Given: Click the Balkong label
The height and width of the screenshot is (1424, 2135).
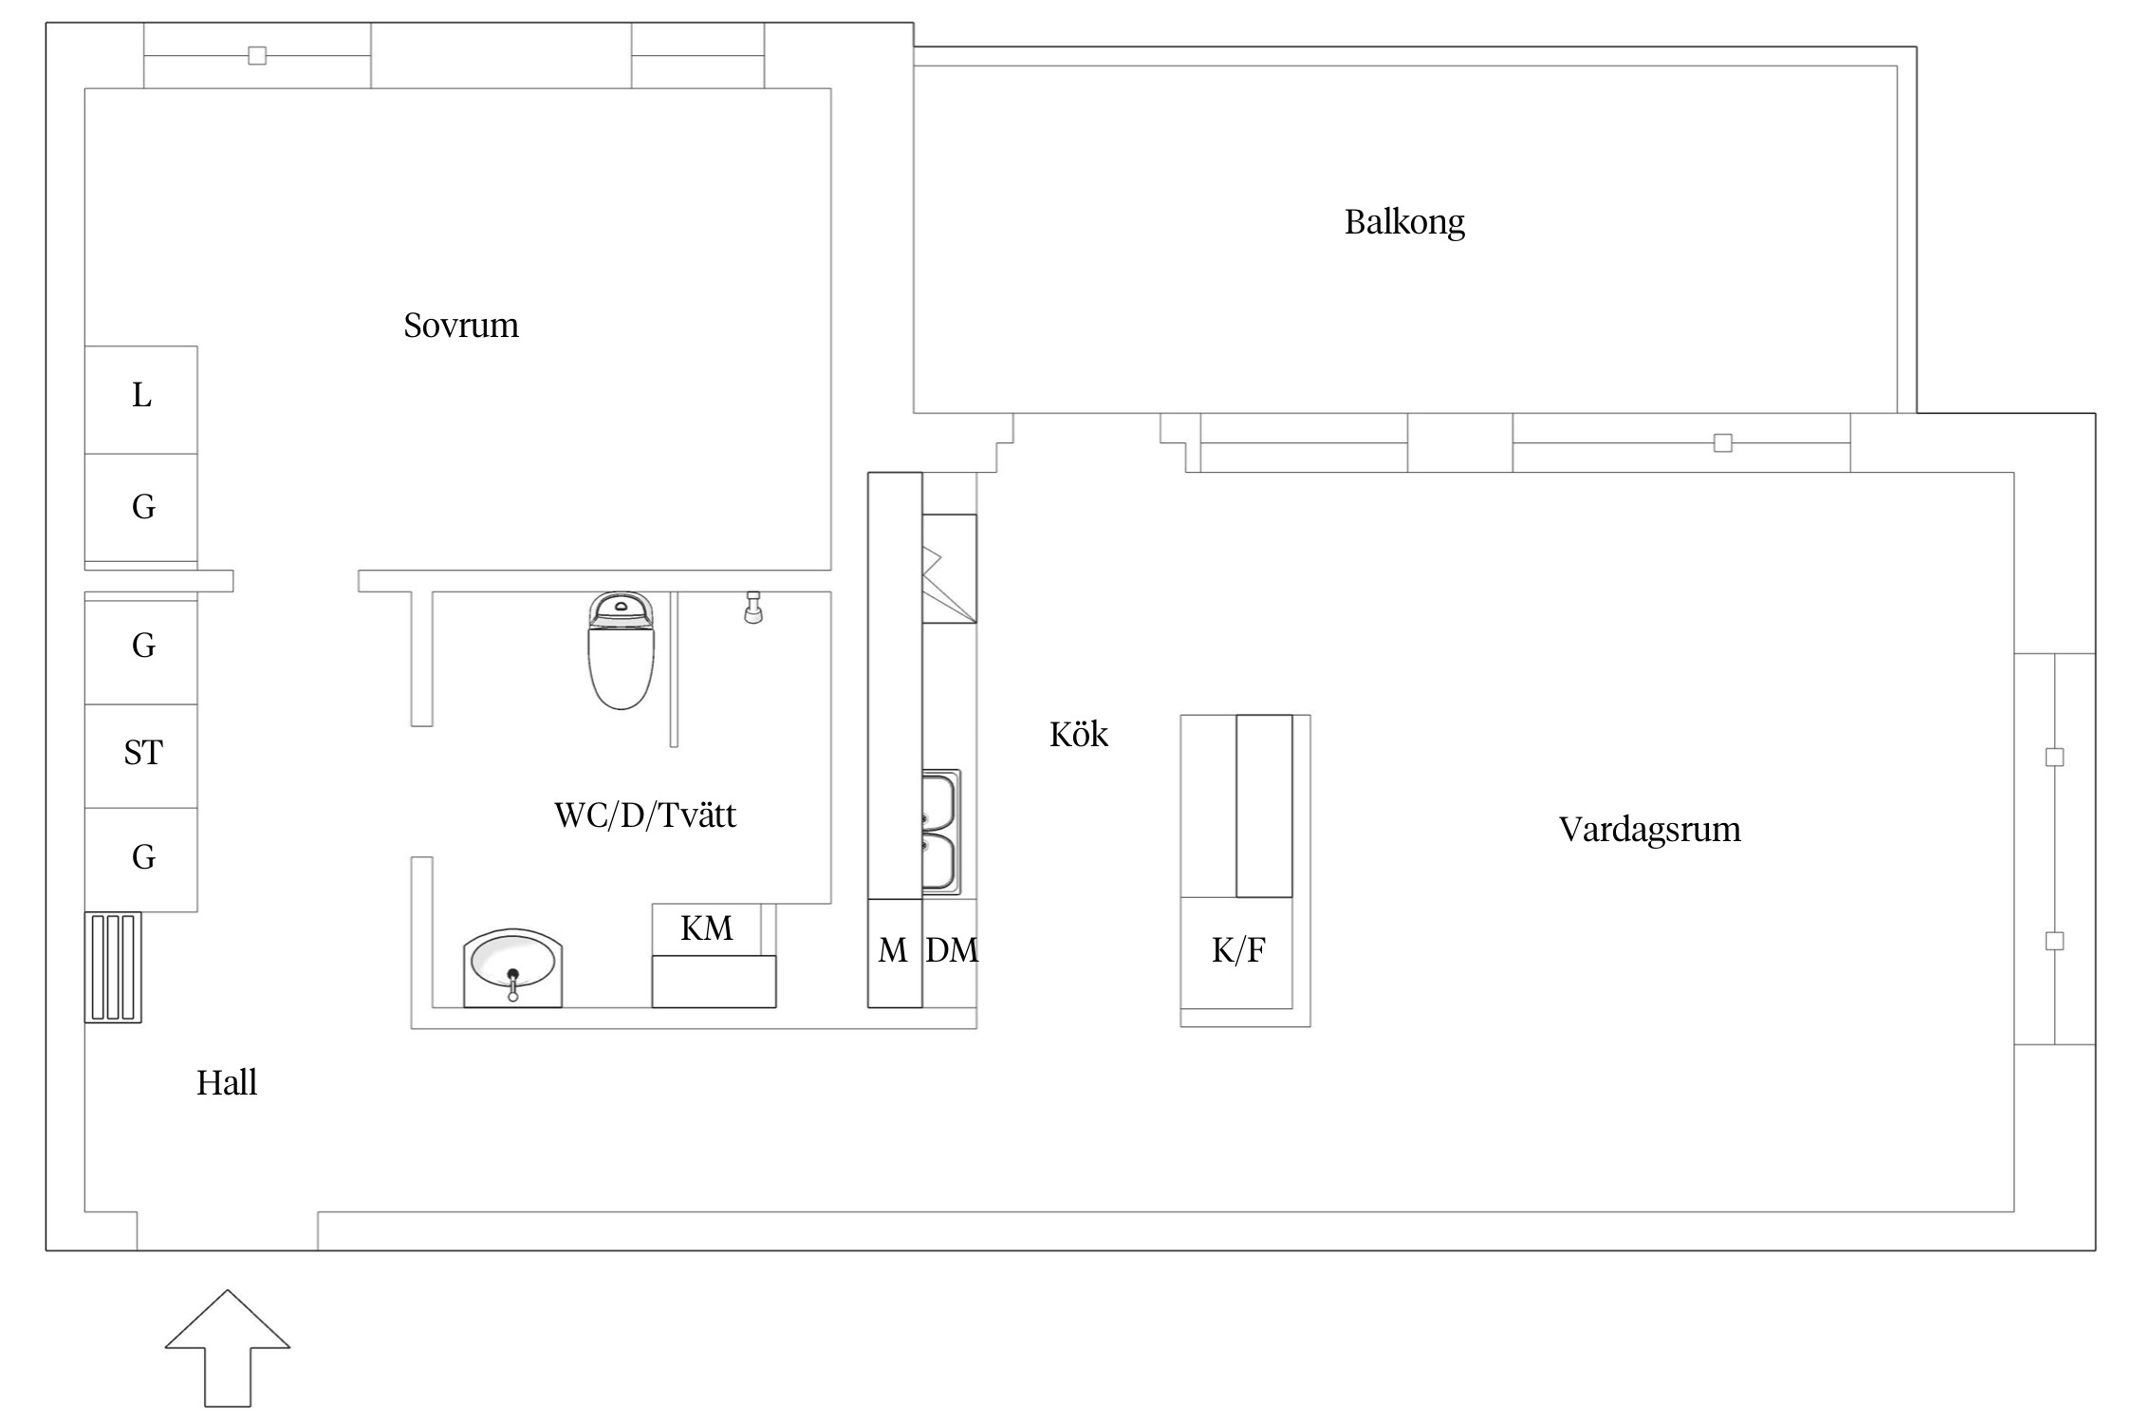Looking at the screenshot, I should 1404,222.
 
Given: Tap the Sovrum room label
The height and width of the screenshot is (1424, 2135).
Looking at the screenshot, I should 461,326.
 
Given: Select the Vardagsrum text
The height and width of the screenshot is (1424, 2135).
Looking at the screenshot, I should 1649,830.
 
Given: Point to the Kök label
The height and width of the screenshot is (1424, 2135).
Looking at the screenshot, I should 1078,734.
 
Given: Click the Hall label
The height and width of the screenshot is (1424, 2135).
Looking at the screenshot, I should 227,1082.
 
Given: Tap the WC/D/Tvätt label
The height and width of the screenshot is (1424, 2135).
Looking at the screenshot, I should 644,815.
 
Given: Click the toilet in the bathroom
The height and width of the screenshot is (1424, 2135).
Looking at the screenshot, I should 622,653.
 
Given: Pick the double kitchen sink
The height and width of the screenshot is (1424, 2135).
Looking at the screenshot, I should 940,833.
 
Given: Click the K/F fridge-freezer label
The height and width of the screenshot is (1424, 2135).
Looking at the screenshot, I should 1237,950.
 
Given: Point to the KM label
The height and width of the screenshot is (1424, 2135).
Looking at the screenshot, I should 707,927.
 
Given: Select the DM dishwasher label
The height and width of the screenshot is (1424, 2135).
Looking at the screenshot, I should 951,950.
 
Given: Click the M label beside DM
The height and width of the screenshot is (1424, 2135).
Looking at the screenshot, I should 892,950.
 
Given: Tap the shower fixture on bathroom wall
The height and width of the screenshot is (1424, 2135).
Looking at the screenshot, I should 753,609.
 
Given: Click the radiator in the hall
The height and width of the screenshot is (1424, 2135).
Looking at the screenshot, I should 113,967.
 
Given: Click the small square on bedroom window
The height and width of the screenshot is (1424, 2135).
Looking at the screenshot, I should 257,56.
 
